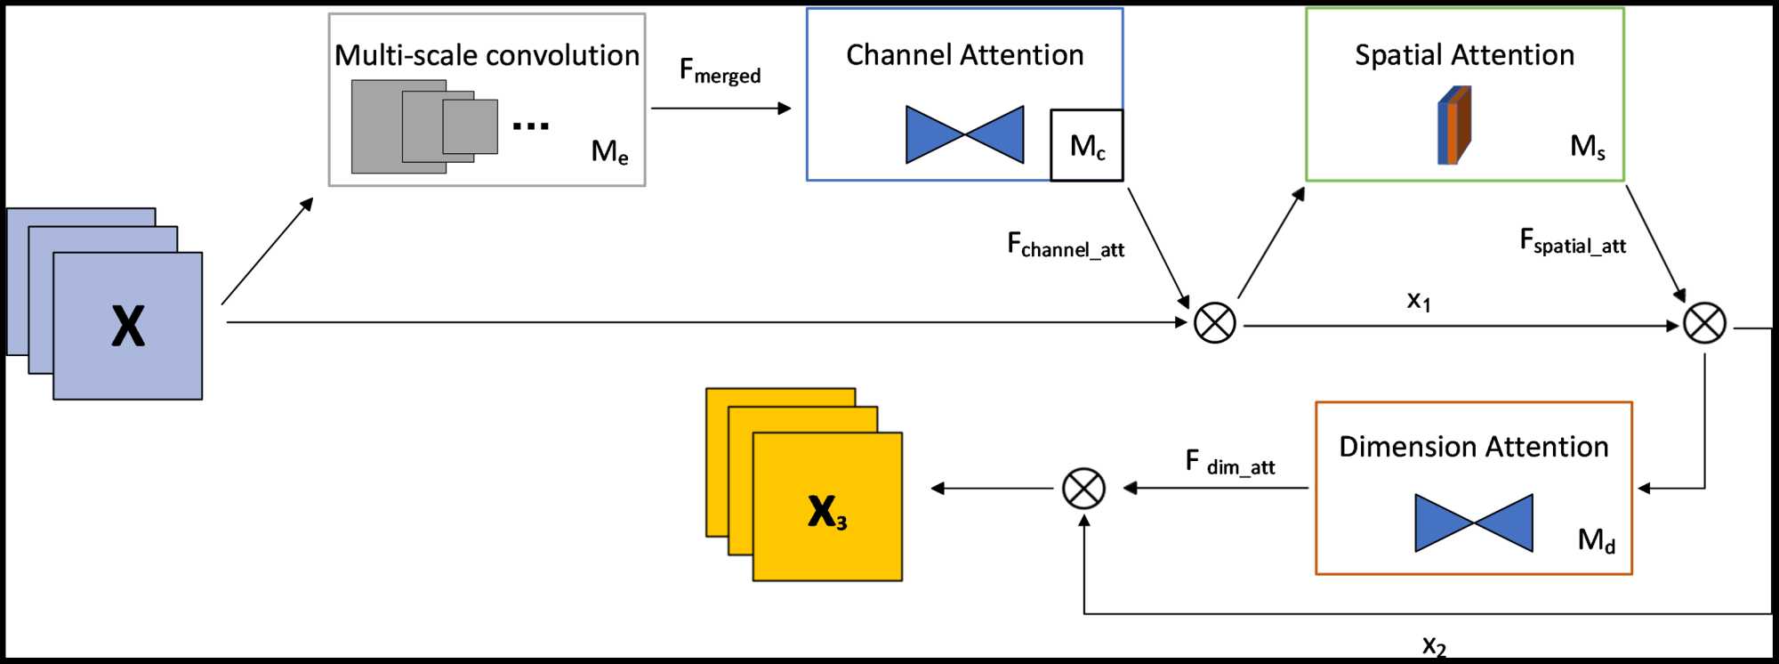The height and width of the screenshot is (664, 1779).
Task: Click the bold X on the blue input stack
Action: pyautogui.click(x=128, y=326)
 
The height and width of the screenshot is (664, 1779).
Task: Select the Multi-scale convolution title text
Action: pyautogui.click(x=487, y=55)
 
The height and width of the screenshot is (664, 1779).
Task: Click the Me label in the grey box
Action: pyautogui.click(x=610, y=151)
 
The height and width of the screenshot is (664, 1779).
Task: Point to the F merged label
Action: pyautogui.click(x=720, y=70)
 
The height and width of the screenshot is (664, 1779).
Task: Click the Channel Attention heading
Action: pyautogui.click(x=964, y=55)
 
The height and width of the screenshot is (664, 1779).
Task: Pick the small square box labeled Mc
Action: pyautogui.click(x=1087, y=145)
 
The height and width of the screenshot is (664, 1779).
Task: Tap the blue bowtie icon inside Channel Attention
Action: pyautogui.click(x=964, y=134)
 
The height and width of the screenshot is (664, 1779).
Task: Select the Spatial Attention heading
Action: pyautogui.click(x=1464, y=55)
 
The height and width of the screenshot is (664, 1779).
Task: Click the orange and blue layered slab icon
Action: pyautogui.click(x=1454, y=126)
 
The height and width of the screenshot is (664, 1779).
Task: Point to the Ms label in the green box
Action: pyautogui.click(x=1588, y=146)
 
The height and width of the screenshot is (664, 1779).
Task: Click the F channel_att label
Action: pyautogui.click(x=1066, y=245)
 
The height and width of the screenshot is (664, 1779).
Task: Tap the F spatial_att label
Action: pyautogui.click(x=1573, y=241)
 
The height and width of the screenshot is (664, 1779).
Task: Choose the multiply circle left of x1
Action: pyautogui.click(x=1214, y=323)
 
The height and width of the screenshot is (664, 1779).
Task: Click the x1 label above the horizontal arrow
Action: pyautogui.click(x=1419, y=301)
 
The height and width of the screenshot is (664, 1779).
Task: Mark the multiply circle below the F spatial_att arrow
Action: pyautogui.click(x=1704, y=323)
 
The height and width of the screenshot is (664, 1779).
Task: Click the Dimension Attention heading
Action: pyautogui.click(x=1473, y=447)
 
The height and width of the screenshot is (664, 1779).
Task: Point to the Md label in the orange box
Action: pyautogui.click(x=1597, y=539)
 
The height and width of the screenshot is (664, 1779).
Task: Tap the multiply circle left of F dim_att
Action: pyautogui.click(x=1083, y=489)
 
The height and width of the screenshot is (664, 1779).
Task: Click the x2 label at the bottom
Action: pyautogui.click(x=1434, y=645)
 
